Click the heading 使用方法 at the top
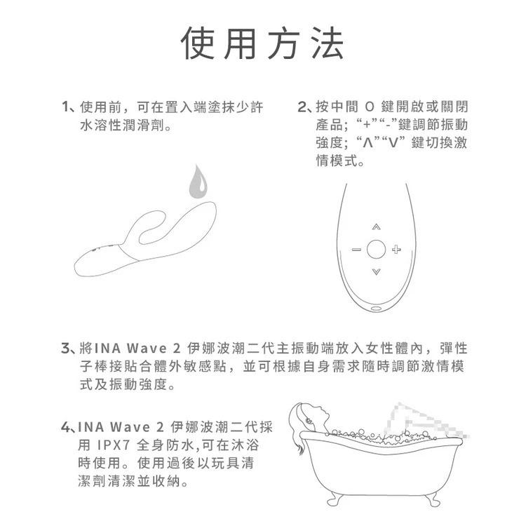click(x=263, y=43)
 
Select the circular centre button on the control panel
click(x=376, y=249)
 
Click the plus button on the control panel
click(x=396, y=249)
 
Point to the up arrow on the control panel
click(x=376, y=227)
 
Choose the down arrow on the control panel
click(x=376, y=271)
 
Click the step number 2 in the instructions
click(x=302, y=108)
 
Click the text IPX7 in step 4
click(x=113, y=446)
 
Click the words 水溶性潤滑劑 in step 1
click(x=123, y=126)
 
